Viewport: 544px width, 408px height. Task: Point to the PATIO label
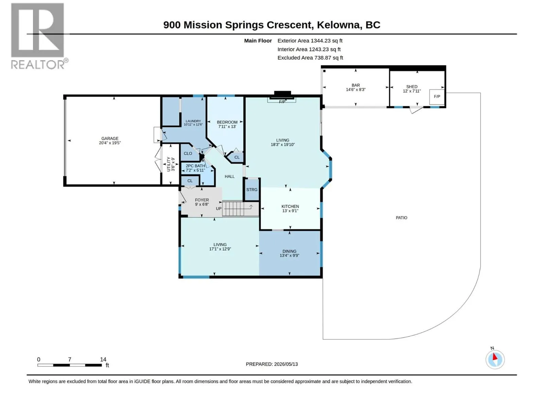click(x=401, y=218)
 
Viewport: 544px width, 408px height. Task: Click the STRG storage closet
click(x=252, y=189)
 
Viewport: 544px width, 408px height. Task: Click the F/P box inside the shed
click(x=437, y=97)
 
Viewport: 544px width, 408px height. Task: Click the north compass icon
click(x=495, y=359)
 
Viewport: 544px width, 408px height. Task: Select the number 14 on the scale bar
click(x=103, y=359)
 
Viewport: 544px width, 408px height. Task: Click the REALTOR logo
click(x=38, y=36)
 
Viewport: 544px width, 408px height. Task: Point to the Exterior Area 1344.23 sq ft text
click(x=310, y=40)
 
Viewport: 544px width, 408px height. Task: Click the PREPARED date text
click(x=272, y=364)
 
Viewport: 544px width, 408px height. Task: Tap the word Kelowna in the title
click(x=338, y=25)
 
